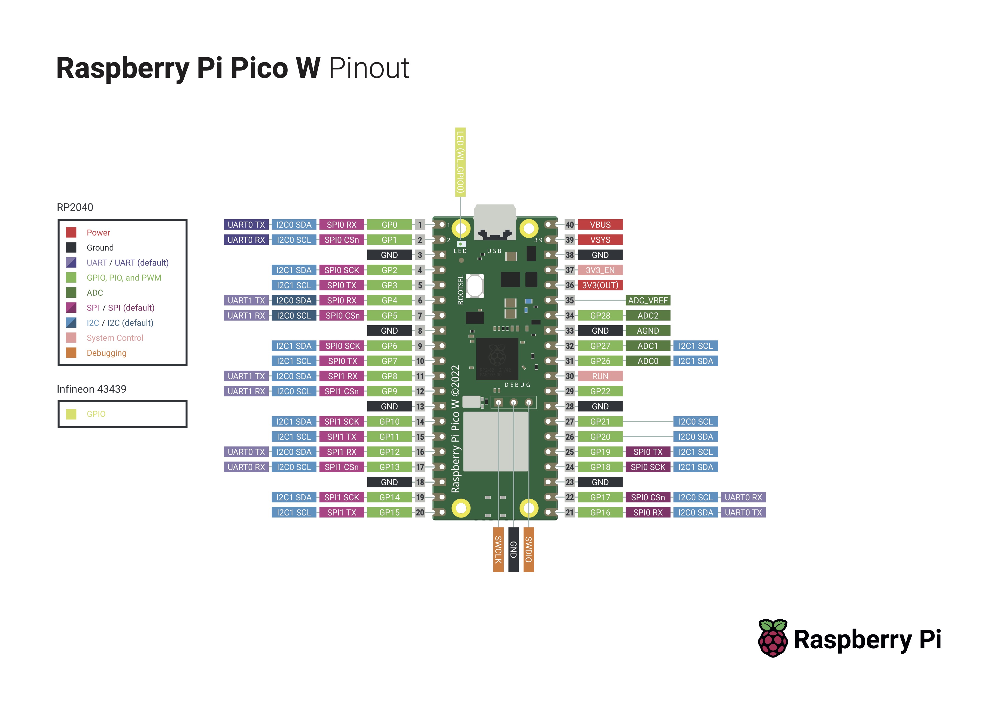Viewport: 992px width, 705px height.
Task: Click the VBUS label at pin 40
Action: pyautogui.click(x=600, y=224)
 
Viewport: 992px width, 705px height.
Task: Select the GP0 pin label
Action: pyautogui.click(x=389, y=224)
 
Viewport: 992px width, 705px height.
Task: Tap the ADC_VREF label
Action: pyautogui.click(x=647, y=300)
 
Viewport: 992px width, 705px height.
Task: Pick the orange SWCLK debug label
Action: pyautogui.click(x=498, y=550)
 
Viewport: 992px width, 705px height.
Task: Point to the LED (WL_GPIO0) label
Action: pyautogui.click(x=460, y=162)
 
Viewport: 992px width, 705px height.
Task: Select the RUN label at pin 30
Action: pyautogui.click(x=600, y=376)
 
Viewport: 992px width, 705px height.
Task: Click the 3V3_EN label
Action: pyautogui.click(x=600, y=270)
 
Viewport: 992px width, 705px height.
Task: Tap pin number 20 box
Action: pyautogui.click(x=420, y=512)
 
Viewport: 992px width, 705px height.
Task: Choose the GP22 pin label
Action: pyautogui.click(x=600, y=391)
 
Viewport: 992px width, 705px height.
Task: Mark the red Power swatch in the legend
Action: pyautogui.click(x=71, y=232)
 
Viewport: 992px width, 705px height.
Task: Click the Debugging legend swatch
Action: pyautogui.click(x=71, y=353)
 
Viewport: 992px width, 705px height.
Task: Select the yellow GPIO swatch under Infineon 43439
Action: pyautogui.click(x=71, y=414)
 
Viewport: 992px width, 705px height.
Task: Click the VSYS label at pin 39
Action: pyautogui.click(x=600, y=240)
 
